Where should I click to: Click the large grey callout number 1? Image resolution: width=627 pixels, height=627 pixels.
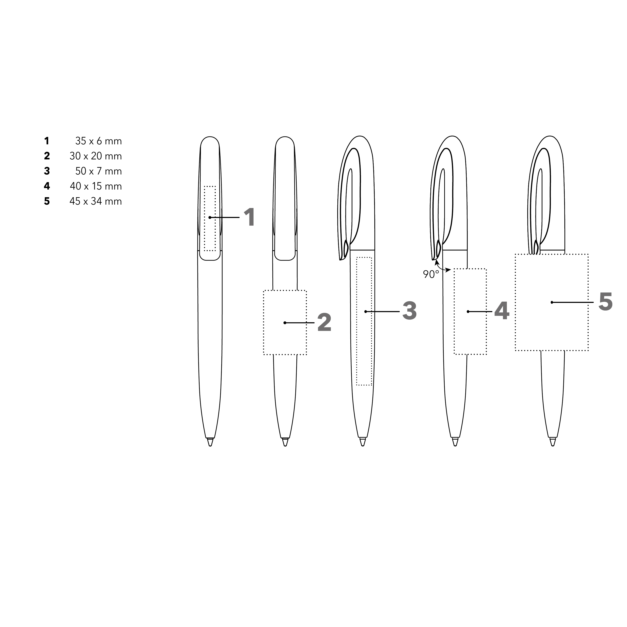coord(249,217)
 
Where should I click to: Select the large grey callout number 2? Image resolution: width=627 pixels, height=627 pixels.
coord(324,323)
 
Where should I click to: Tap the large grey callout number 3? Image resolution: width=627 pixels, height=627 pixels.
coord(409,311)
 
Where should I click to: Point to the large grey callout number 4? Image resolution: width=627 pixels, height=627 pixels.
coord(502,311)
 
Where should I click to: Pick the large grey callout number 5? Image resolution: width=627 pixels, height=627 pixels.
coord(606,302)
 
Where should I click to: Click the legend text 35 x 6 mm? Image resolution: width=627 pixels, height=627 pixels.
coord(98,141)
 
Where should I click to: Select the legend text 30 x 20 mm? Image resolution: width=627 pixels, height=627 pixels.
coord(96,156)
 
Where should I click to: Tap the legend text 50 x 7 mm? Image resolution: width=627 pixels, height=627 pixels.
coord(98,171)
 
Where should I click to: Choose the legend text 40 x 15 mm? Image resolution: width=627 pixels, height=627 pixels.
coord(96,186)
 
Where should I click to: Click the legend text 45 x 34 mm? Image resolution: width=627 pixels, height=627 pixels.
coord(96,201)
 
